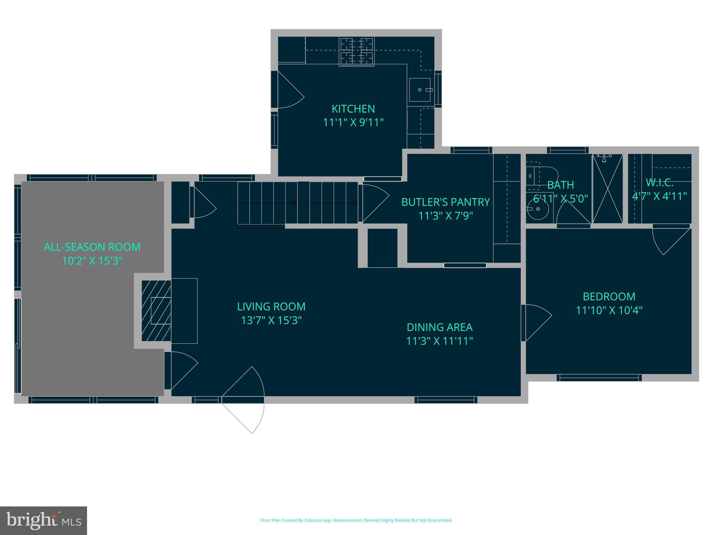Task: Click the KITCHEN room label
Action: pyautogui.click(x=353, y=109)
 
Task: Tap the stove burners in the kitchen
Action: pyautogui.click(x=356, y=51)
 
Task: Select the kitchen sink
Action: pyautogui.click(x=420, y=90)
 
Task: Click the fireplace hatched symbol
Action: pyautogui.click(x=156, y=311)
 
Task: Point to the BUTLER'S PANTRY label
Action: pyautogui.click(x=445, y=202)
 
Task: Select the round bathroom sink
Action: pyautogui.click(x=538, y=209)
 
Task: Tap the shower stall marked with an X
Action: pyautogui.click(x=608, y=189)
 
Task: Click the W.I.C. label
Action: pyautogui.click(x=659, y=183)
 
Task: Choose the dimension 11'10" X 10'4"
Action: pyautogui.click(x=609, y=310)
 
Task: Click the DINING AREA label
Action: pyautogui.click(x=439, y=327)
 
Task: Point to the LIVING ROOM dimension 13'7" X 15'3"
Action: pyautogui.click(x=271, y=320)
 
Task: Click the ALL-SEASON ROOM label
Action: pyautogui.click(x=92, y=247)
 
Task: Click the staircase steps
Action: pyautogui.click(x=298, y=203)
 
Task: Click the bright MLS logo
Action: pyautogui.click(x=44, y=520)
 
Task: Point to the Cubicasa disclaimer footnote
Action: pyautogui.click(x=356, y=520)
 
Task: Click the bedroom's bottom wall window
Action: pyautogui.click(x=599, y=378)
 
